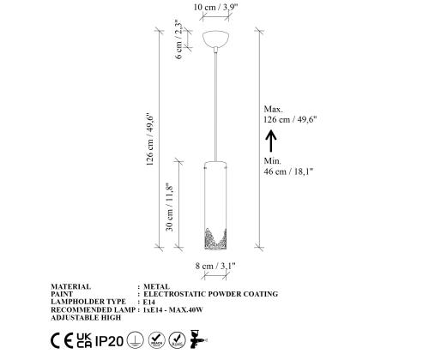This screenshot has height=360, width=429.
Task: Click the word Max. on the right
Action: [274, 109]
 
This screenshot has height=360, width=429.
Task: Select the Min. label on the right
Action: [273, 160]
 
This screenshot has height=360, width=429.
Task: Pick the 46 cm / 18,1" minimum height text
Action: [289, 172]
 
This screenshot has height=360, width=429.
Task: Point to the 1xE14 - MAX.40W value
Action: [179, 309]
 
